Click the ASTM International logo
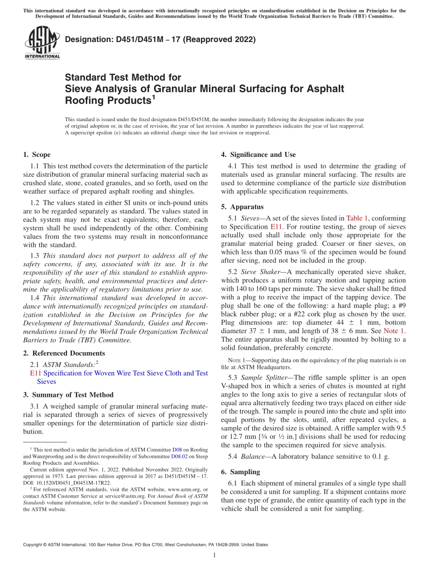[42, 44]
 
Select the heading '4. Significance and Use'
[258, 155]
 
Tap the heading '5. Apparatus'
[242, 207]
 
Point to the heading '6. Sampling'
[240, 472]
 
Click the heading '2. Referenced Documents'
[64, 353]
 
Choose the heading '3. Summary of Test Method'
[68, 395]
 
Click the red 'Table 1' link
[357, 218]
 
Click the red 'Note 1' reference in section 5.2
[394, 331]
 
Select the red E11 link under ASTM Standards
[35, 373]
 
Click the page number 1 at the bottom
[214, 556]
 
